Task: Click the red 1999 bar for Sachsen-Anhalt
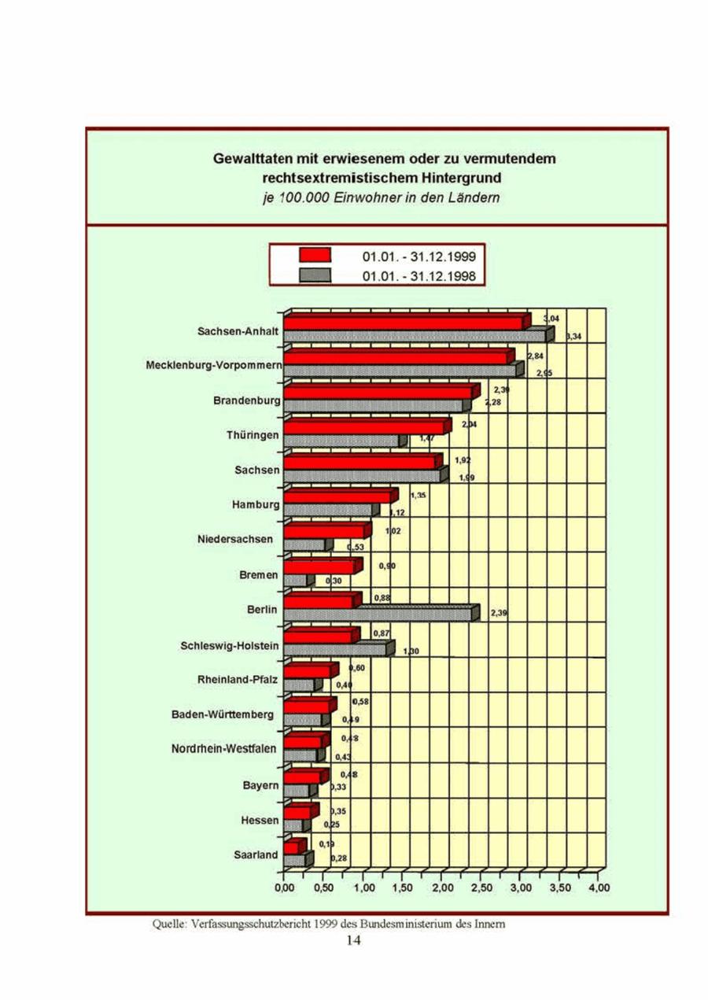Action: tap(403, 323)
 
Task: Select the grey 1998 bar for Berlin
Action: tap(378, 614)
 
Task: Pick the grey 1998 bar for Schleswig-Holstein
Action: tap(335, 649)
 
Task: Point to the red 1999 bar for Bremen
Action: tap(319, 567)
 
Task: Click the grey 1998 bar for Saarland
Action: tap(295, 860)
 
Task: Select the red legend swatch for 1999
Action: tap(313, 256)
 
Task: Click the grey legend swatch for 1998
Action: tap(313, 275)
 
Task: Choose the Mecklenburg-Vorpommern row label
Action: tap(214, 366)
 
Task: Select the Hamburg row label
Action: tap(256, 505)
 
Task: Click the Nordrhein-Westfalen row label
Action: tap(224, 749)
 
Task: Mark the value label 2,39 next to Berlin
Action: tap(499, 612)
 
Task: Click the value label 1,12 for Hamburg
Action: tap(396, 512)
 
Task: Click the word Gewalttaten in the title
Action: tap(252, 159)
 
